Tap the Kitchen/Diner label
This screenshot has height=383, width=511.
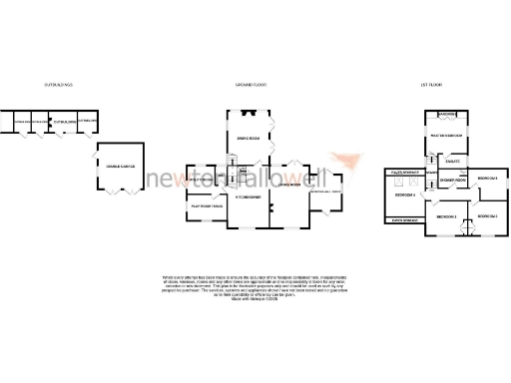(x=248, y=197)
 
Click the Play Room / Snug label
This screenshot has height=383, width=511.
(x=207, y=205)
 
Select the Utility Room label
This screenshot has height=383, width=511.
(x=203, y=180)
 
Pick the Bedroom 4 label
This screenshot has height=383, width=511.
(x=403, y=195)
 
